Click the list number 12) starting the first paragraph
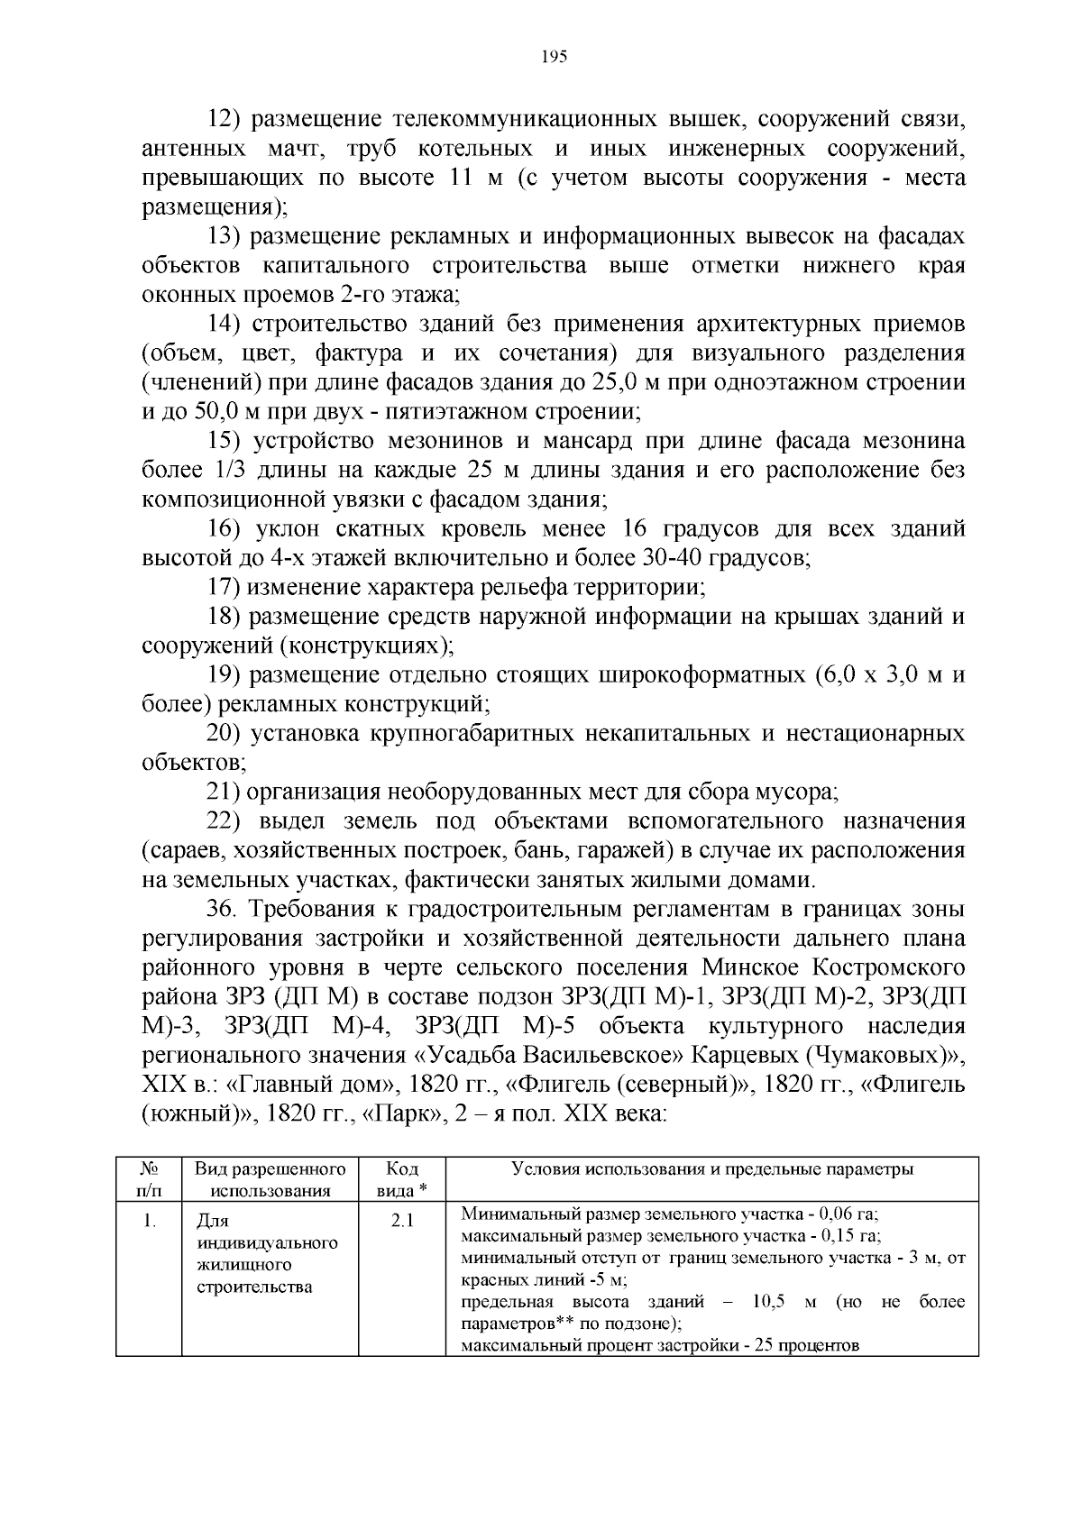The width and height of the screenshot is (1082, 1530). tap(225, 119)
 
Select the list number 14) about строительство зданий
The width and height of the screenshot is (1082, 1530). tap(225, 324)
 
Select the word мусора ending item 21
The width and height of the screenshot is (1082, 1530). tap(800, 792)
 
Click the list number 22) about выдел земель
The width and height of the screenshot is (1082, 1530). tap(225, 821)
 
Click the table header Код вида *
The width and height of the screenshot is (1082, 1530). tap(401, 1179)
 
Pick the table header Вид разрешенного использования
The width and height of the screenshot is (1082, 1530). tap(270, 1179)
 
